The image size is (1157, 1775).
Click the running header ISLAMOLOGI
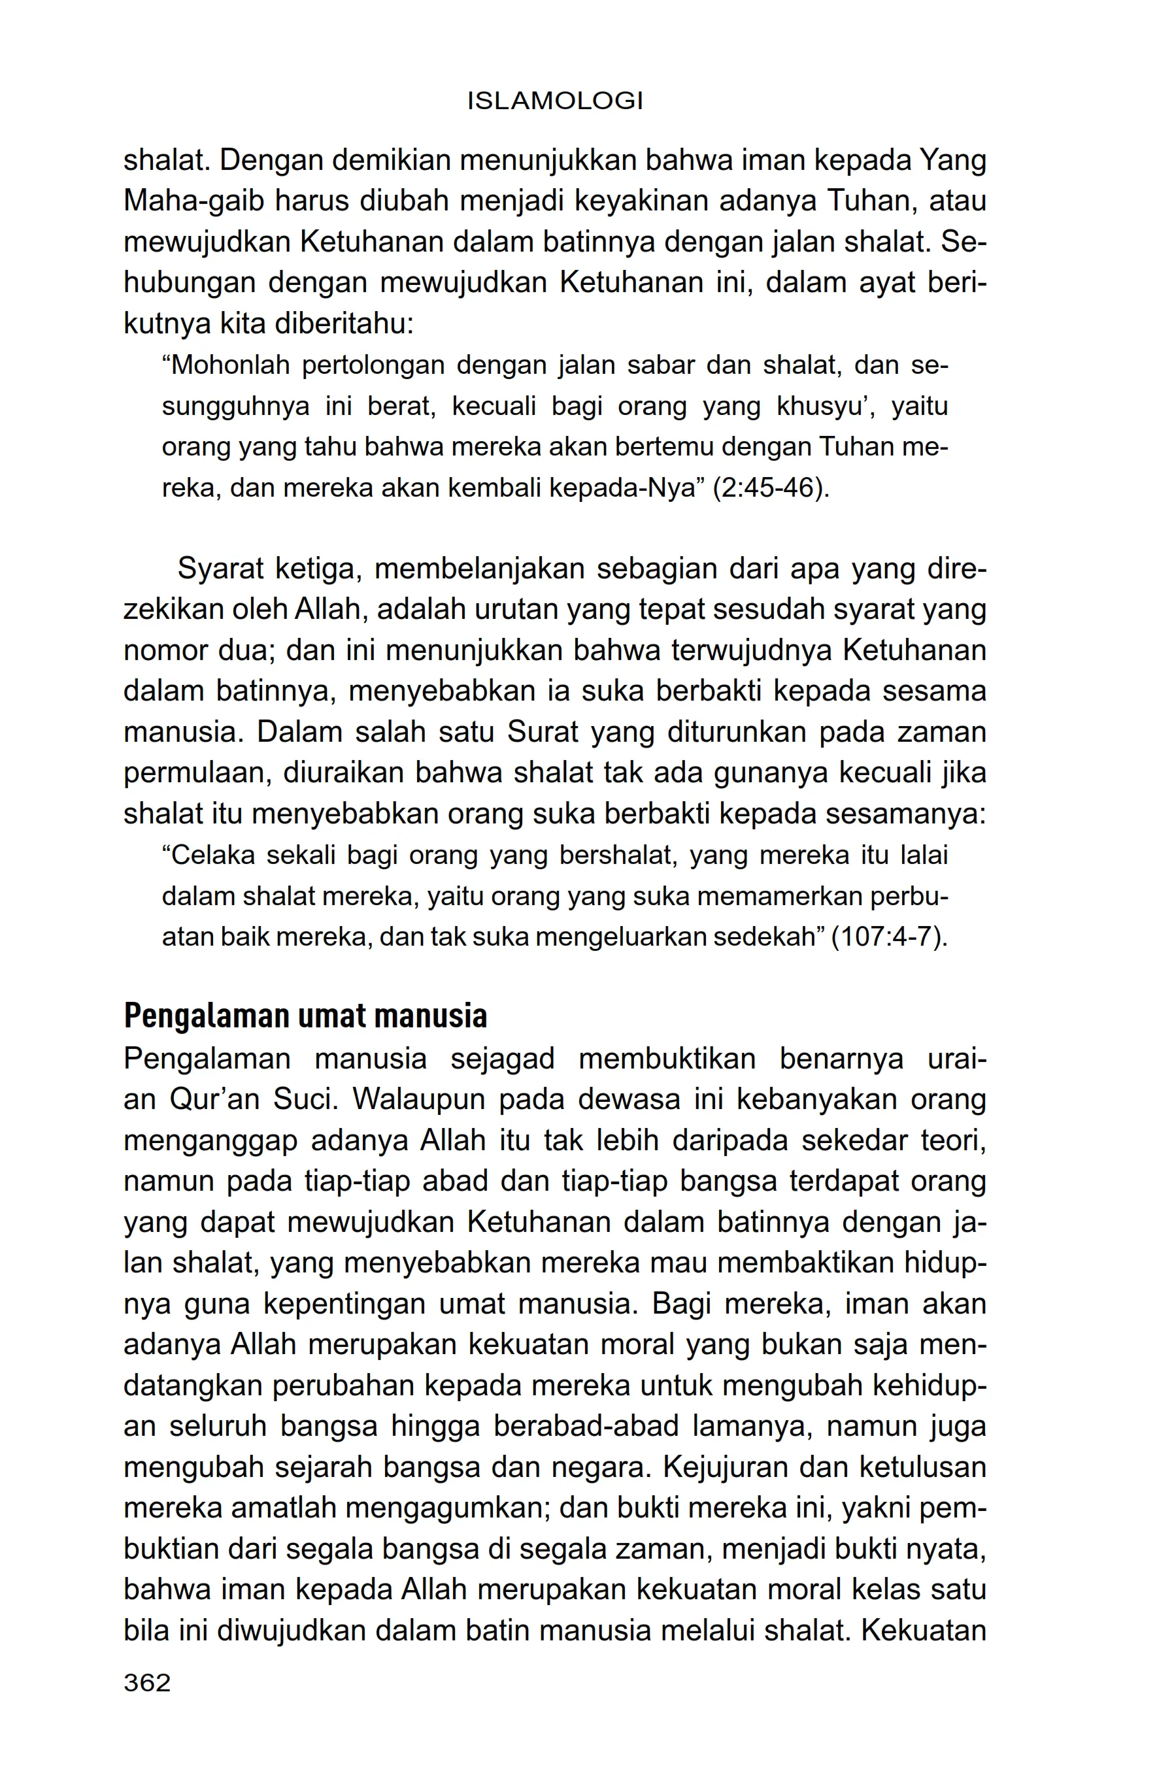point(555,101)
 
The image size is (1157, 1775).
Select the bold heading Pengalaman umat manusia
point(305,1016)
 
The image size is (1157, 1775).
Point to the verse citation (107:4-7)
point(888,937)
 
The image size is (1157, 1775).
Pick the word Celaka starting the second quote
point(208,855)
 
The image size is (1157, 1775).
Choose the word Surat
point(543,733)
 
